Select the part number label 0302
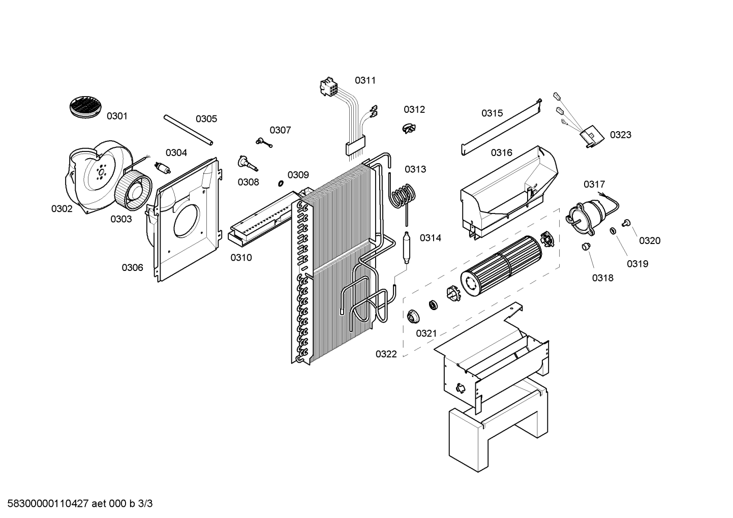click(x=62, y=208)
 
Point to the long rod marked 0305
click(x=188, y=130)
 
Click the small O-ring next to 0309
click(x=280, y=182)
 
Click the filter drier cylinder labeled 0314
click(x=407, y=247)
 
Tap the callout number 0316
click(x=501, y=153)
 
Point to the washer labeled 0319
click(x=614, y=231)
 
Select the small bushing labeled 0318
click(x=586, y=247)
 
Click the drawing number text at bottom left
click(x=77, y=504)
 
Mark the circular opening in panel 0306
click(x=189, y=219)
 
